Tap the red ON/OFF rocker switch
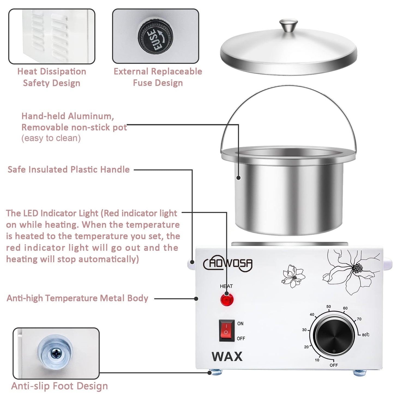point(226,331)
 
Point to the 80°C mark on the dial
point(365,335)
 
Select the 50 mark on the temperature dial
point(329,306)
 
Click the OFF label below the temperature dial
point(333,365)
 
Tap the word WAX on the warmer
point(227,356)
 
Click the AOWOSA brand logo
point(228,263)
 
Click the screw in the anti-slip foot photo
point(56,354)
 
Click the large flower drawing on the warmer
point(352,270)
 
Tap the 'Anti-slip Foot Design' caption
point(59,386)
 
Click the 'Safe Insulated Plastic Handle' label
point(68,169)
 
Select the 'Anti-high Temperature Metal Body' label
point(77,298)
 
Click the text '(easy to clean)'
point(51,138)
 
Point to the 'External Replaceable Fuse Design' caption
point(158,77)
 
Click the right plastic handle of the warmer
point(387,264)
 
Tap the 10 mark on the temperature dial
point(317,360)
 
